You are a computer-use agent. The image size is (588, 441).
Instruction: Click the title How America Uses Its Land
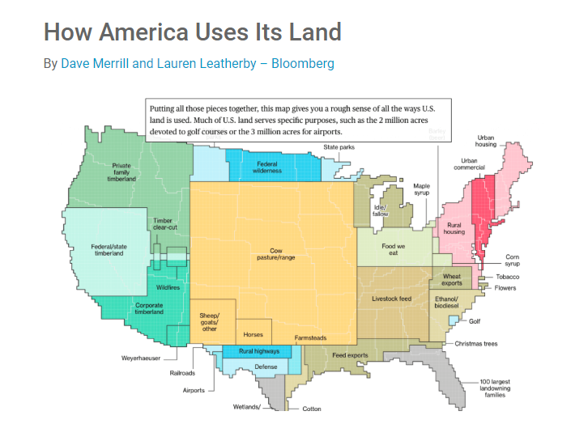192,32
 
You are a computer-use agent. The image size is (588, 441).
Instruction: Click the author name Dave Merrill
95,63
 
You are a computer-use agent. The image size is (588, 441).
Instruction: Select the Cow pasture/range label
271,255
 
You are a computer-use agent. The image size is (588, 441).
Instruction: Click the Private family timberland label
121,172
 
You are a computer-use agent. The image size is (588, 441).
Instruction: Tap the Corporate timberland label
150,308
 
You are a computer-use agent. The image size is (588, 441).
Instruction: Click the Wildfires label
168,287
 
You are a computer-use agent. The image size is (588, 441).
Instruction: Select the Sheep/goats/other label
210,321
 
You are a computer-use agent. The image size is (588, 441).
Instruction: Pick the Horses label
254,334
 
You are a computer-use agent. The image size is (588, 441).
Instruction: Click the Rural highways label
259,351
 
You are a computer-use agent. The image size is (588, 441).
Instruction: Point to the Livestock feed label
391,299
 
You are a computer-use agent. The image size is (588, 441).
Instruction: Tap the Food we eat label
390,249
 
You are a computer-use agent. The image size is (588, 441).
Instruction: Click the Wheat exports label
452,280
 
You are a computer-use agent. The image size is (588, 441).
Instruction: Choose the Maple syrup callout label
421,189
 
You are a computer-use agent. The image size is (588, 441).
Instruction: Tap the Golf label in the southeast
475,321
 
